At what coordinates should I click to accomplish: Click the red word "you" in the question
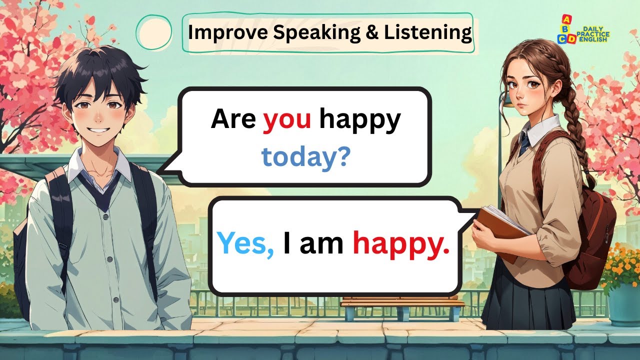[x=287, y=119]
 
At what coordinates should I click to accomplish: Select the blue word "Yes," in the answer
[x=245, y=243]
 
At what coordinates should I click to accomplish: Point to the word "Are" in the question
[x=233, y=119]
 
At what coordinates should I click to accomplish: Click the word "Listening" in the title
[x=427, y=32]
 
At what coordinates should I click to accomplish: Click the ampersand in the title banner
[x=373, y=32]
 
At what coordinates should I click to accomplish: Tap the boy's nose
[x=98, y=116]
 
